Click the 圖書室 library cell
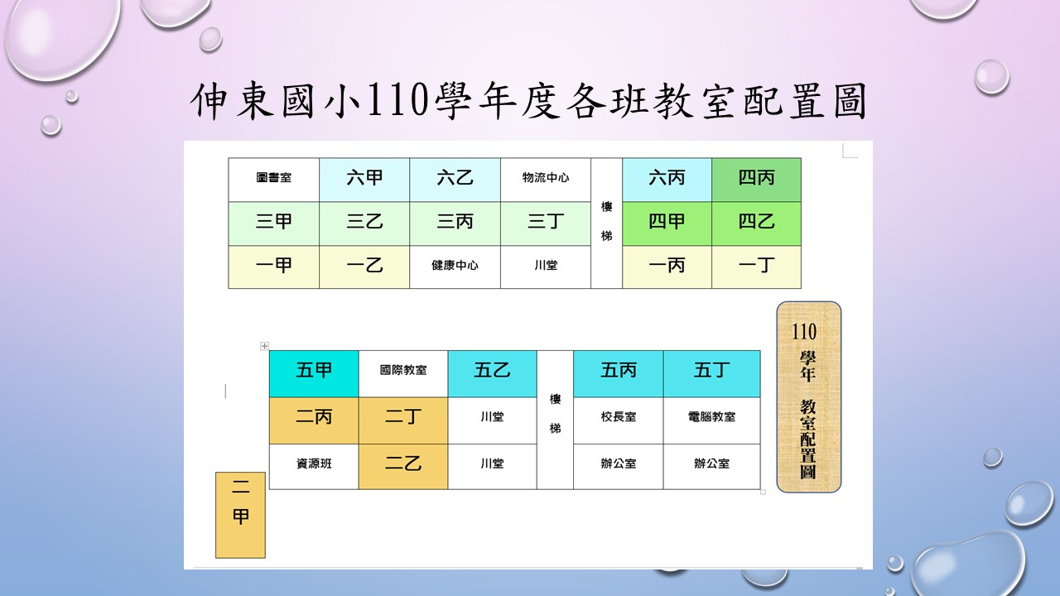tap(273, 180)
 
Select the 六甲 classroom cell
tap(364, 180)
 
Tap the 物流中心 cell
tap(546, 180)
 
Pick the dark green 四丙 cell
tap(757, 180)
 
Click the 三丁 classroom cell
tap(546, 223)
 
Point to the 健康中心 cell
tap(455, 267)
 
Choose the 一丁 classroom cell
tap(757, 267)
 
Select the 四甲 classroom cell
tap(667, 223)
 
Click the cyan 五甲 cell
tap(314, 373)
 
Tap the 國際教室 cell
tap(403, 373)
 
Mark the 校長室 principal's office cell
tap(618, 421)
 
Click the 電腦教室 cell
tap(711, 421)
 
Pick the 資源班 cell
tap(314, 466)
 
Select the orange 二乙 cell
tap(403, 466)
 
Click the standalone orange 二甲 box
tap(240, 515)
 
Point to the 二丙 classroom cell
tap(314, 421)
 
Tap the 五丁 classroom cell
tap(711, 373)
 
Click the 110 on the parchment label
tap(804, 332)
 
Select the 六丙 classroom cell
tap(667, 180)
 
